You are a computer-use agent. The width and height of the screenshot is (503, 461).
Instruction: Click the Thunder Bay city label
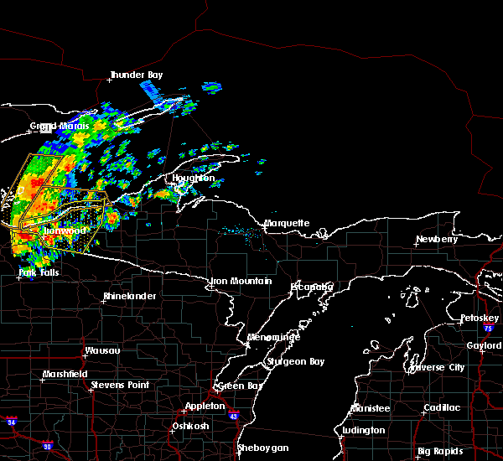click(x=137, y=75)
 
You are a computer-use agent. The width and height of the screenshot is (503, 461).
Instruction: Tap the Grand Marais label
click(x=60, y=127)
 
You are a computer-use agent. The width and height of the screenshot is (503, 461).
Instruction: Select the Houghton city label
click(x=194, y=179)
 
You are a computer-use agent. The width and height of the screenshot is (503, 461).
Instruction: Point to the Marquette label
click(x=288, y=224)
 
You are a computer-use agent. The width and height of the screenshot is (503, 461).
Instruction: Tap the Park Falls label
click(x=39, y=272)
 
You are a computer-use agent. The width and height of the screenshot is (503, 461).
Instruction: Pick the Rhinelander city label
click(x=130, y=297)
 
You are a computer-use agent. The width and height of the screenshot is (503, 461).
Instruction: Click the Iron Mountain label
click(x=241, y=282)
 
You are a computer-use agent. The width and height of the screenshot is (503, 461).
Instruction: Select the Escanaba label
click(x=312, y=287)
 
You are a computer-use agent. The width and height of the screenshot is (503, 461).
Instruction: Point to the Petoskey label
click(x=480, y=319)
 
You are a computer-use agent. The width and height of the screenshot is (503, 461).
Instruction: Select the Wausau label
click(x=101, y=350)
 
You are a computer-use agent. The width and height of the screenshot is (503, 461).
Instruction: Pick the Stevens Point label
click(x=120, y=385)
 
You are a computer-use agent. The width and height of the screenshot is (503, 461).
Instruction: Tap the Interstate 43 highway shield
click(x=233, y=417)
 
